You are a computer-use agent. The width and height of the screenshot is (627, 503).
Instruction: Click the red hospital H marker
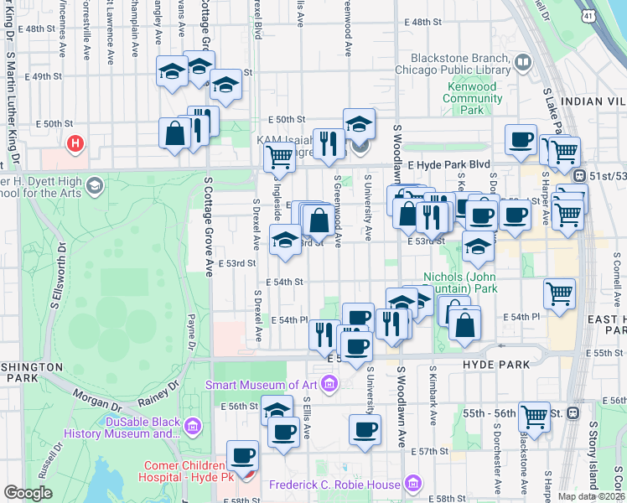tap(75, 143)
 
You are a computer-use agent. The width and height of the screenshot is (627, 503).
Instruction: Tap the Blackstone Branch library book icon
tap(523, 61)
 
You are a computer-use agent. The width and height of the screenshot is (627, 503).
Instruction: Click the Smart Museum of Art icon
tap(329, 385)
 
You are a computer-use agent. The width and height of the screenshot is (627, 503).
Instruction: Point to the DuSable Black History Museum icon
tap(194, 428)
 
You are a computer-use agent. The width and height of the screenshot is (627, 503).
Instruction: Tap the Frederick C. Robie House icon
tap(412, 484)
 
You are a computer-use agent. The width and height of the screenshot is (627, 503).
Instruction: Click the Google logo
tap(28, 493)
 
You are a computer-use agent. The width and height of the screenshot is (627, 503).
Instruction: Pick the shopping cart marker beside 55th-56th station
tap(534, 415)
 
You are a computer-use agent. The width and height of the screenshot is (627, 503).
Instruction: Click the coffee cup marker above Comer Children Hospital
tap(243, 455)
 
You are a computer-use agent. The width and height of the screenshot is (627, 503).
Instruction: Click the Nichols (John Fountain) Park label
tap(460, 283)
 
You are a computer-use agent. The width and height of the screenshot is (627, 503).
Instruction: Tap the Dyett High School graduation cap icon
tap(94, 184)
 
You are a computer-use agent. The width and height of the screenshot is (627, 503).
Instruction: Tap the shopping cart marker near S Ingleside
tap(279, 156)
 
